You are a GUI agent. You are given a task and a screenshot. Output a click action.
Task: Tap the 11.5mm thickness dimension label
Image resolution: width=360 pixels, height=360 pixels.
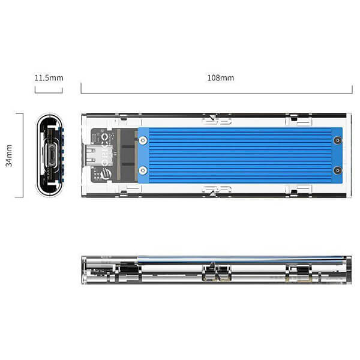point(49,78)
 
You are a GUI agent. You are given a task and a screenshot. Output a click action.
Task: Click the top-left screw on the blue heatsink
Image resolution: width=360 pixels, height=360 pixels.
point(143,142)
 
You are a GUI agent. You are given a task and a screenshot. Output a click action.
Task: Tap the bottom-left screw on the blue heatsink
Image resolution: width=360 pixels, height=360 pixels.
point(143,170)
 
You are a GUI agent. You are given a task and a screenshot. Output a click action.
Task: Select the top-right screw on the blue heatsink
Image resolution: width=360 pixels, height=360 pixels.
point(337,142)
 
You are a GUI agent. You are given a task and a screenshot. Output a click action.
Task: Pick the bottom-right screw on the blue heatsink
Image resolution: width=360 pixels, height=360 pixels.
point(337,170)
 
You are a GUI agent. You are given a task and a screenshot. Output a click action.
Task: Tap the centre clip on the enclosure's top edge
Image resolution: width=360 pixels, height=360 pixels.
point(217,122)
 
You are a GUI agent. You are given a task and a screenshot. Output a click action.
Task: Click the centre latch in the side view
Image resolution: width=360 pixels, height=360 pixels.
point(217,273)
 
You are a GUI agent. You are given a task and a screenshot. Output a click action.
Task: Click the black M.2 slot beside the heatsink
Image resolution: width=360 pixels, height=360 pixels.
point(127,155)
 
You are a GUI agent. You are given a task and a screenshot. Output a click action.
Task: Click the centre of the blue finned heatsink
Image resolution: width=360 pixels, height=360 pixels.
point(240,156)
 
